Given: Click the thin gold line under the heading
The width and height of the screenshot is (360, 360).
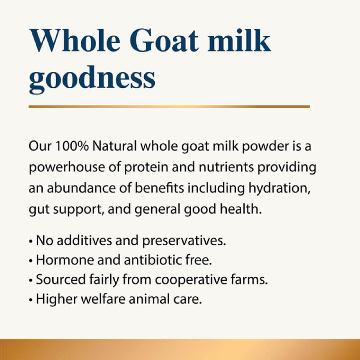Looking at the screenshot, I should (x=169, y=107).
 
